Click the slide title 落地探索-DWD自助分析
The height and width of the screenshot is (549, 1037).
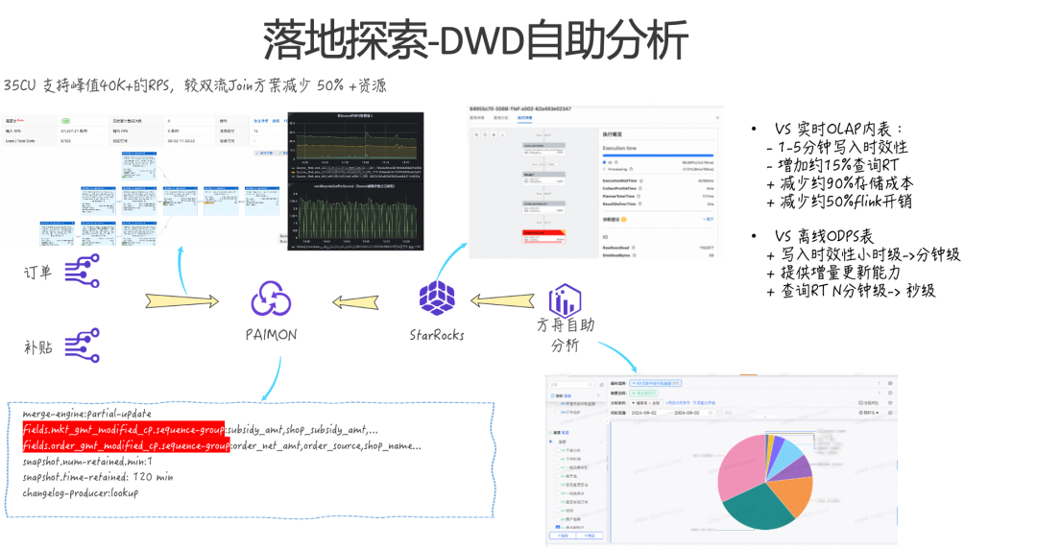(476, 40)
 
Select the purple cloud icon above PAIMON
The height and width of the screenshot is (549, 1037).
(271, 298)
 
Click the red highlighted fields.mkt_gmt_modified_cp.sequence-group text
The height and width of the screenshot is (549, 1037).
(124, 428)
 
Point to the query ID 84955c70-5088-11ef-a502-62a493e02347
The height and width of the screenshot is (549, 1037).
(520, 109)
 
